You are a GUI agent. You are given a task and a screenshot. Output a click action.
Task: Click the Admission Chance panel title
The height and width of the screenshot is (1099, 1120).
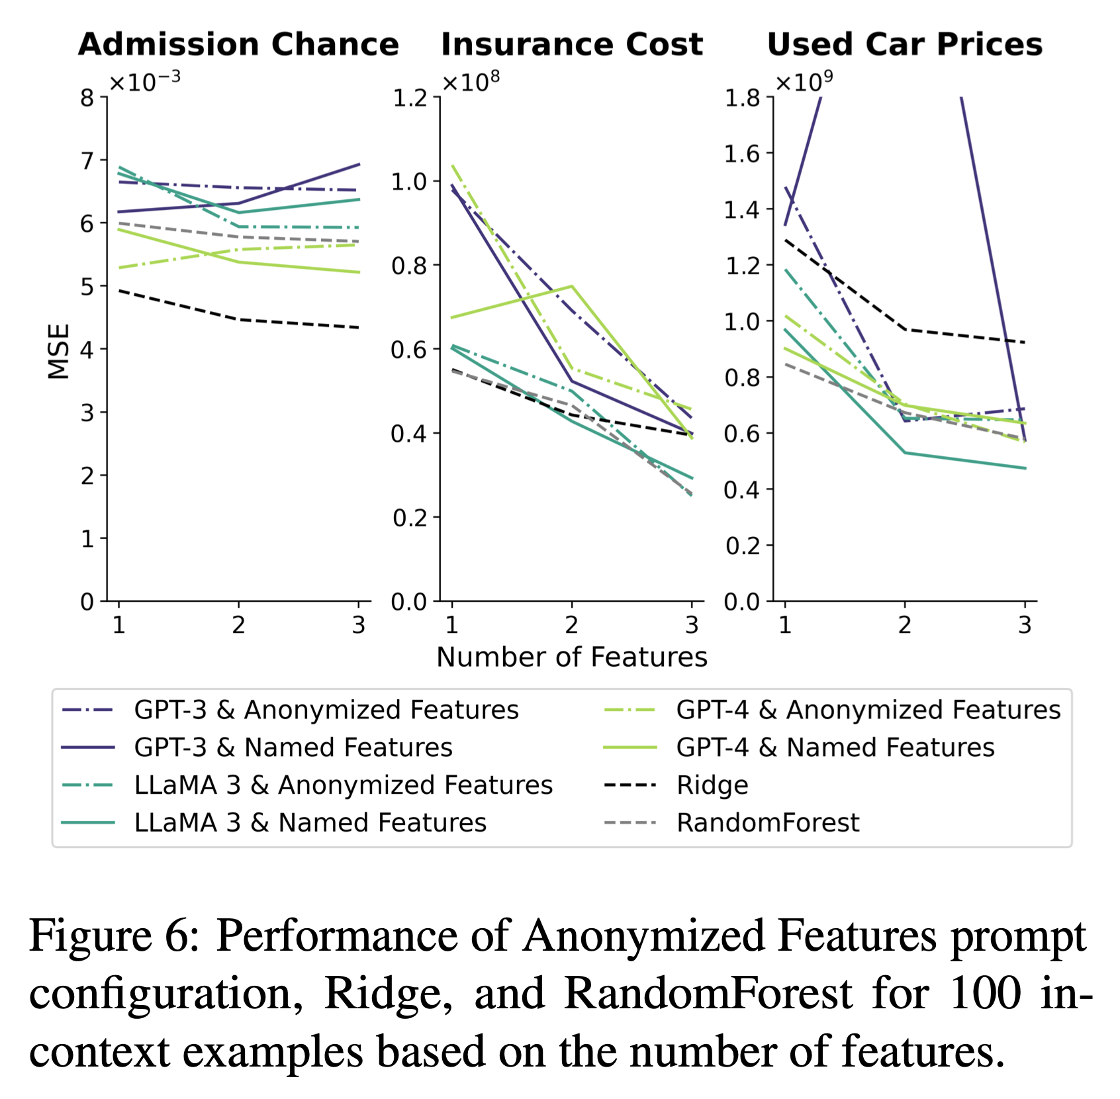(x=238, y=44)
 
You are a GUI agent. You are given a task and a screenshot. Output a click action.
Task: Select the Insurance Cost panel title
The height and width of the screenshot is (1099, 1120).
(x=572, y=44)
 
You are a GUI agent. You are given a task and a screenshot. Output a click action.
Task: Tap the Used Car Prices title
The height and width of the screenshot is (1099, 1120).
(x=904, y=44)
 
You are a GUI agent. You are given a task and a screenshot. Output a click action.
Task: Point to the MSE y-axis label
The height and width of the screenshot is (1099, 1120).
(x=60, y=351)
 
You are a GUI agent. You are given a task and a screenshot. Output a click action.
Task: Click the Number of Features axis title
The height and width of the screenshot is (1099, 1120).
(x=572, y=657)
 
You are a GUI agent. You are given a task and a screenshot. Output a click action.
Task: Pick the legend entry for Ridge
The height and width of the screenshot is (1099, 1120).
(x=712, y=785)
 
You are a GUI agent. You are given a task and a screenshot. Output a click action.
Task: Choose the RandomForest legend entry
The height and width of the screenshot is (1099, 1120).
(x=767, y=823)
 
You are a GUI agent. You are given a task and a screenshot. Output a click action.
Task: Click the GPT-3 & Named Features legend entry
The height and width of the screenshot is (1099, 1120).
(x=293, y=747)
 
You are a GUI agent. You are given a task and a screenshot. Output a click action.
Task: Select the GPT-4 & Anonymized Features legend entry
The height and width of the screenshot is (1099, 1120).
(x=868, y=710)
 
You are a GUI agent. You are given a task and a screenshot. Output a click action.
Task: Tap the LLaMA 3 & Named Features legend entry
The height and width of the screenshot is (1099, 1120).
(x=310, y=823)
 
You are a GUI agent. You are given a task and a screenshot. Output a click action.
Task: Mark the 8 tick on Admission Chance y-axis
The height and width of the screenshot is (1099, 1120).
(x=87, y=99)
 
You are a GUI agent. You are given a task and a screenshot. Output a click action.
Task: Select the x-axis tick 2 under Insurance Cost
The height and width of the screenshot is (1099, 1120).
(x=572, y=625)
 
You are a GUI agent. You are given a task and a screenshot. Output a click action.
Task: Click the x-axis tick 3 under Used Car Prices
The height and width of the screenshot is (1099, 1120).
(x=1025, y=625)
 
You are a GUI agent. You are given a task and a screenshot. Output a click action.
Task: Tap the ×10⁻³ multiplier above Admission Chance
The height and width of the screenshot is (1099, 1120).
(x=144, y=82)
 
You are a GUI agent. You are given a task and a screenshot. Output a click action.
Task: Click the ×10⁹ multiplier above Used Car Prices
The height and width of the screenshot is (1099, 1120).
(x=804, y=82)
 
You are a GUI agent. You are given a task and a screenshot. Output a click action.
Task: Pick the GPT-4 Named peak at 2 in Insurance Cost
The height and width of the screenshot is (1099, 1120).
(x=572, y=286)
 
